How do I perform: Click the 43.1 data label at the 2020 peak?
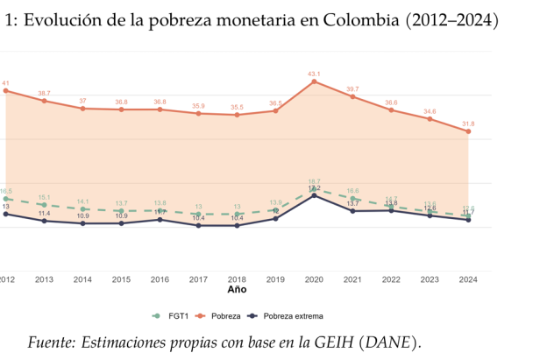pos(314,74)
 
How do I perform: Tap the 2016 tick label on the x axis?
pos(160,279)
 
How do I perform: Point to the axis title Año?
pos(237,289)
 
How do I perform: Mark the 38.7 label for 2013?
pos(44,93)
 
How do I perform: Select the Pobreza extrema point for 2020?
pos(314,195)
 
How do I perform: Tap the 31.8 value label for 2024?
pos(468,124)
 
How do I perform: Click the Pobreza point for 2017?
pos(198,114)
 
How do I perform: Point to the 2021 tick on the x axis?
pos(352,279)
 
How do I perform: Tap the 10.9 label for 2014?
pos(82,215)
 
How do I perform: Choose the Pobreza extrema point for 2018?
pos(237,226)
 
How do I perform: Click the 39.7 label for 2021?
pos(352,88)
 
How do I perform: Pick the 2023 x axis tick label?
pos(430,279)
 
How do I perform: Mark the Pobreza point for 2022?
pos(391,110)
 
